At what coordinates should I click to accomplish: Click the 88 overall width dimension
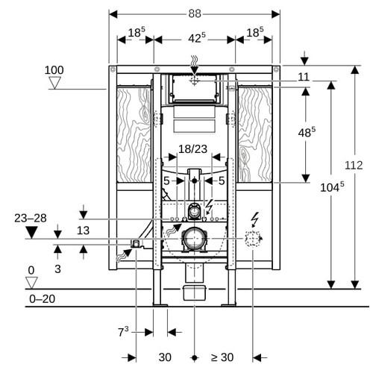tap(195, 13)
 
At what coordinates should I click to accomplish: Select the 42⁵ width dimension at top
tap(197, 38)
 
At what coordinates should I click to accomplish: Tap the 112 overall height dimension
tap(354, 165)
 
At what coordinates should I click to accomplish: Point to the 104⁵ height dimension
tap(332, 187)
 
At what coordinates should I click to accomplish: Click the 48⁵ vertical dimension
tap(307, 132)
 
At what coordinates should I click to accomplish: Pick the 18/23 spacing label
tap(192, 149)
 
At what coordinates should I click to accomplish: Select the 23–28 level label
tap(31, 218)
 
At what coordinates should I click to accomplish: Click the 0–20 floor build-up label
tap(42, 299)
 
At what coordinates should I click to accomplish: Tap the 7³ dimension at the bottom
tap(123, 331)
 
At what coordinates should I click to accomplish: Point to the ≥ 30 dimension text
tap(222, 357)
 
